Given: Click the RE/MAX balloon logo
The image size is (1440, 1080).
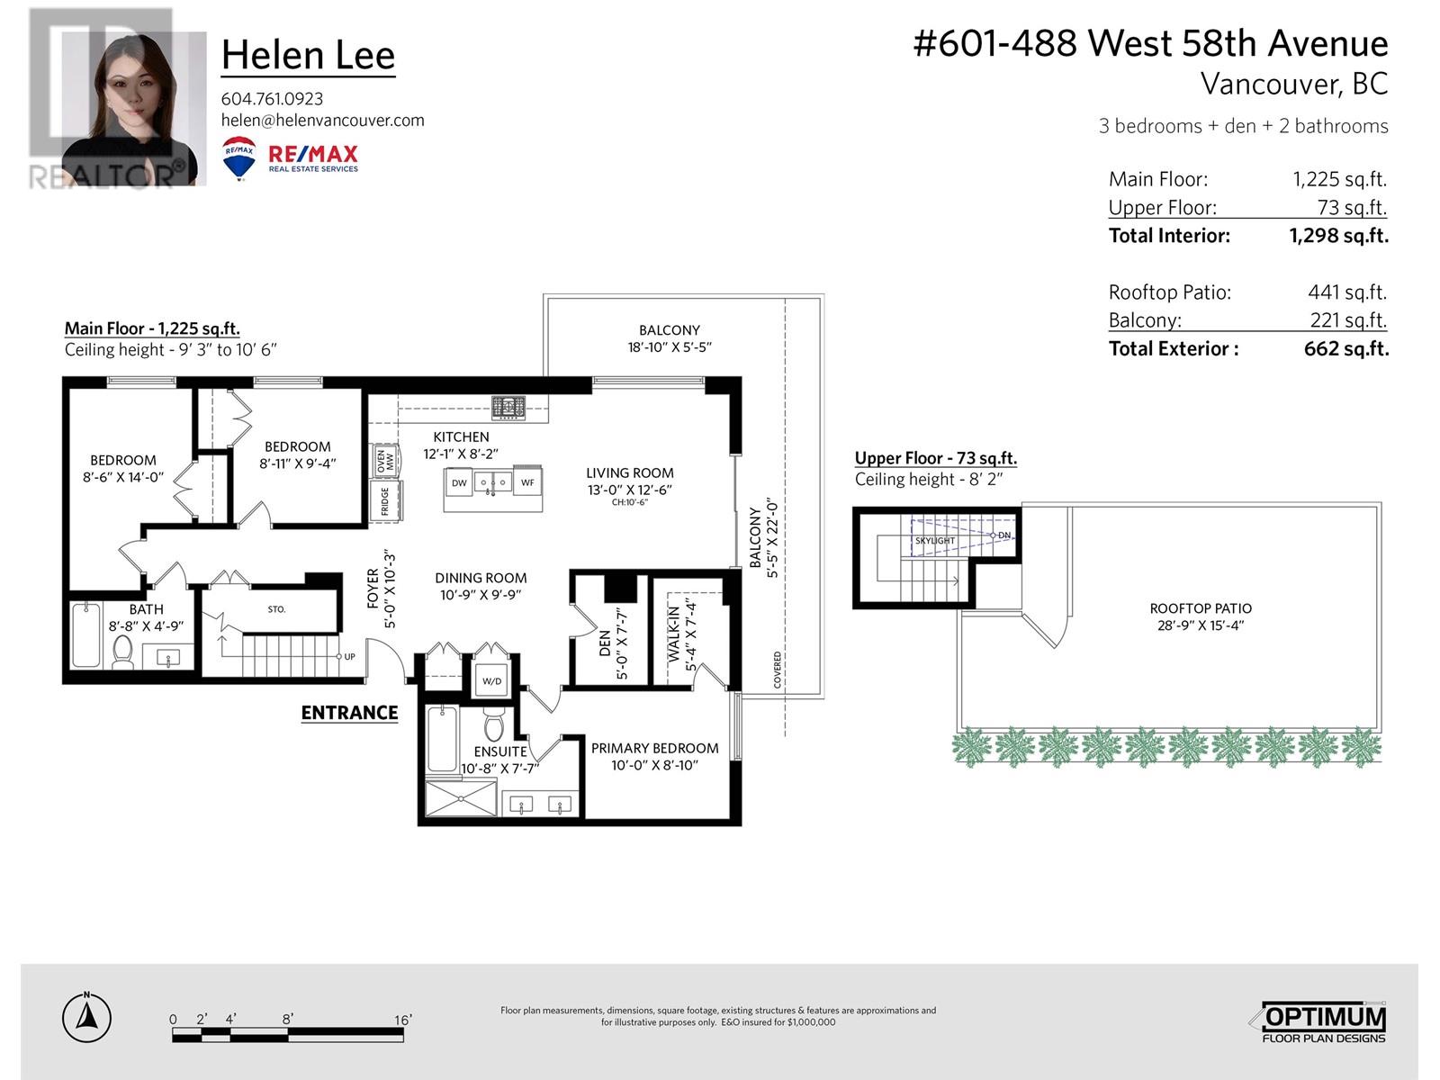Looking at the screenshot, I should click(x=238, y=157).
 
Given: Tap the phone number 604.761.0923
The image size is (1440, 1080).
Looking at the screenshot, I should click(x=272, y=99).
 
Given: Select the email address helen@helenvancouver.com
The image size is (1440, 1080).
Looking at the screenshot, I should click(x=322, y=120).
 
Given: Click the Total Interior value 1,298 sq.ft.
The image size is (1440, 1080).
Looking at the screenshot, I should click(x=1338, y=236).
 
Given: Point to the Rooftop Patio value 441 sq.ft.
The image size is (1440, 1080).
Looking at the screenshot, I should click(x=1346, y=292).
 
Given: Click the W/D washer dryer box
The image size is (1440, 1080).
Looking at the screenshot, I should click(x=491, y=681).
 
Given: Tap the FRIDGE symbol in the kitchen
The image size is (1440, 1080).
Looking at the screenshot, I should click(x=386, y=500).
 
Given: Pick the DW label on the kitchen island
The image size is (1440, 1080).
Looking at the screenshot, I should click(x=459, y=482).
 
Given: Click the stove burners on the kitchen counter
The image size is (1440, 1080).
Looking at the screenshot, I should click(x=508, y=408).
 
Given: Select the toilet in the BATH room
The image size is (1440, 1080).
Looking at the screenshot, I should click(x=122, y=653).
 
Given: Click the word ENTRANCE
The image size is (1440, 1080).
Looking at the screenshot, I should click(x=349, y=713).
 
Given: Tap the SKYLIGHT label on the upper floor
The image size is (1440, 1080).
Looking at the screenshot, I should click(x=934, y=541).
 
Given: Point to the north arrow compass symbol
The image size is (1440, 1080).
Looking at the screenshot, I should click(x=87, y=1019).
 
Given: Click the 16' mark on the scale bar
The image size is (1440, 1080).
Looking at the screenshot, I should click(x=402, y=1020).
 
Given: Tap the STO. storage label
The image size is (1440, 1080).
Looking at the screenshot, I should click(x=276, y=609).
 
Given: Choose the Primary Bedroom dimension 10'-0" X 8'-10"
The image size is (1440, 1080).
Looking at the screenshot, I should click(x=654, y=765).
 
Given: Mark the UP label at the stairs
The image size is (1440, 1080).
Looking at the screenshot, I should click(x=349, y=657).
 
